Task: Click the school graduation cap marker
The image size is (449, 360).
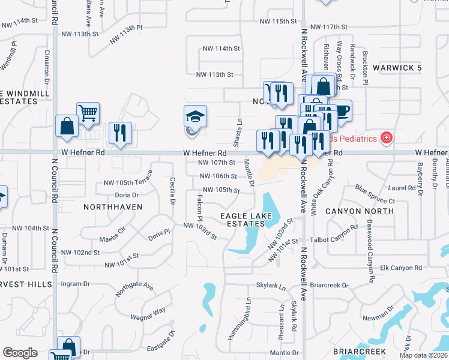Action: [196, 116]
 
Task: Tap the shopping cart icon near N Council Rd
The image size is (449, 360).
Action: [88, 112]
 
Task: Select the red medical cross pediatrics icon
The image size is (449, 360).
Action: [387, 139]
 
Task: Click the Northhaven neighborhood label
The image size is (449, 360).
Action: [114, 206]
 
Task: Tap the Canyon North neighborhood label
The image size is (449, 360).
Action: [360, 211]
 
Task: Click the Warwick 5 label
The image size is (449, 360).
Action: [397, 68]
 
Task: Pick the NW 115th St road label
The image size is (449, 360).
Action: [279, 22]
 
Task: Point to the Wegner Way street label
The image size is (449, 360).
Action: [148, 311]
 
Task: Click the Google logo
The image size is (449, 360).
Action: [20, 352]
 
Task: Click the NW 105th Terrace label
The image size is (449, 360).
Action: [127, 182]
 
